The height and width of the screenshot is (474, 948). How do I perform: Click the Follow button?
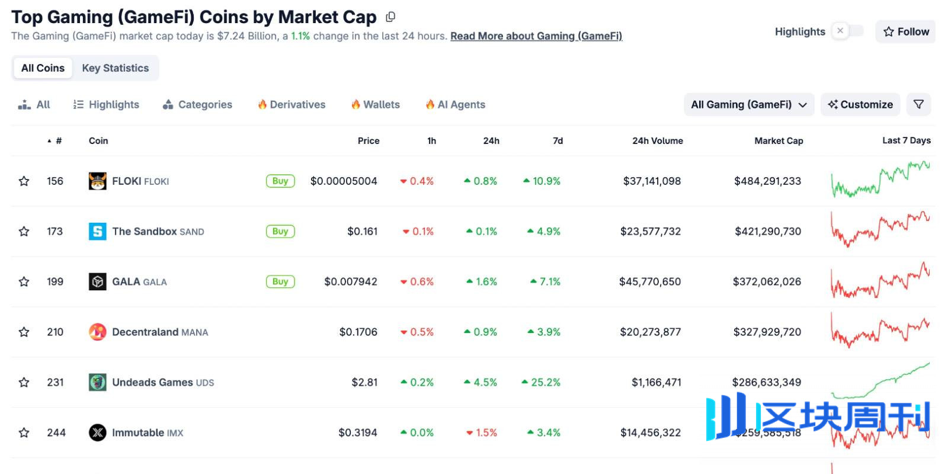[x=905, y=31]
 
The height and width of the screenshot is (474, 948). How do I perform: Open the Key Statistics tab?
[x=116, y=68]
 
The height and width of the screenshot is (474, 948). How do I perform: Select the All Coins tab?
[x=43, y=68]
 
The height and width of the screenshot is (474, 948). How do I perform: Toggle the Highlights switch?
[x=847, y=31]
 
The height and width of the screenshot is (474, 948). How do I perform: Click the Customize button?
[x=860, y=104]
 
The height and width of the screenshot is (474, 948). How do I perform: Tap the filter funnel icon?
[x=918, y=104]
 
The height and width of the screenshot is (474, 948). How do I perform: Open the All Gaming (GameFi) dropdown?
[x=748, y=104]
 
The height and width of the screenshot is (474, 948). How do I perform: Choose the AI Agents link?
[x=456, y=104]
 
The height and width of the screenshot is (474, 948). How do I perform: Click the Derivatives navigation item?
[x=292, y=104]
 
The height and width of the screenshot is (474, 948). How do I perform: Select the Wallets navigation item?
[x=376, y=104]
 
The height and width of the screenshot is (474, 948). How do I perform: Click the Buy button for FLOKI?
[x=280, y=181]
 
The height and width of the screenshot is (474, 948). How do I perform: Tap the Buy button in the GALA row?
[x=280, y=282]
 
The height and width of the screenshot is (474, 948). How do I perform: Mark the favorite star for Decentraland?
[x=24, y=332]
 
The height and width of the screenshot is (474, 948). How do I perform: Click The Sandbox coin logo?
[x=97, y=231]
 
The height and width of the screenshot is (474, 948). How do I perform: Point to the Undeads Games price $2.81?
[x=364, y=382]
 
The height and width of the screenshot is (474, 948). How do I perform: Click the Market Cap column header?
[x=779, y=140]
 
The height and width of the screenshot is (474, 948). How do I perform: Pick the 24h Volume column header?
[x=657, y=140]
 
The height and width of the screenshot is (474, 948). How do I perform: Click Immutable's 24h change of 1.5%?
[x=482, y=433]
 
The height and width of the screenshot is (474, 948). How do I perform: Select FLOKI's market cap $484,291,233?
[x=767, y=181]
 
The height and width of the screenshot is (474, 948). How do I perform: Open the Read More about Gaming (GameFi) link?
[x=536, y=36]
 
